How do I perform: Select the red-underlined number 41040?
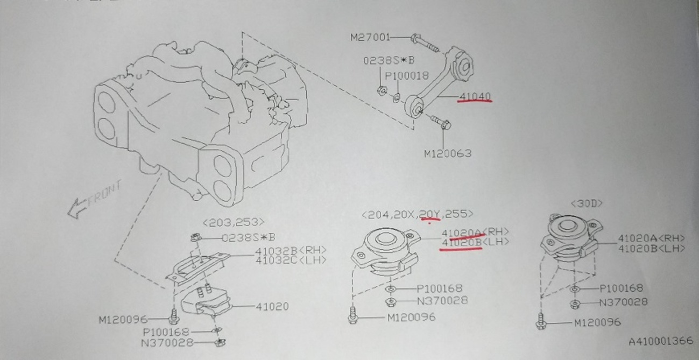pyautogui.click(x=475, y=97)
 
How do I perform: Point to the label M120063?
pyautogui.click(x=447, y=153)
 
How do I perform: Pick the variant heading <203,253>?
pyautogui.click(x=234, y=222)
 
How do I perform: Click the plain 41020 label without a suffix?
pyautogui.click(x=271, y=306)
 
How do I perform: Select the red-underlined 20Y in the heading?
pyautogui.click(x=430, y=215)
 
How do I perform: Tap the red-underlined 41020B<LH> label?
pyautogui.click(x=474, y=243)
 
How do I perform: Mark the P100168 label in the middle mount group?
pyautogui.click(x=439, y=289)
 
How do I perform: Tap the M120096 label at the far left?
pyautogui.click(x=123, y=320)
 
